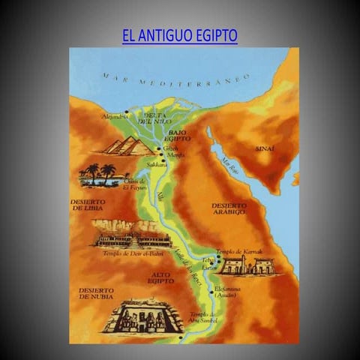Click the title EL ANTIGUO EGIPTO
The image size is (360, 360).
(x=179, y=36)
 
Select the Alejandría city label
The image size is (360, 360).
(x=115, y=117)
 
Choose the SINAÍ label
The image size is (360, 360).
(x=265, y=149)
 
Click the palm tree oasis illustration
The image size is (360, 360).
(x=99, y=175)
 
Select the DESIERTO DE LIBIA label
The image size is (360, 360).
(x=87, y=205)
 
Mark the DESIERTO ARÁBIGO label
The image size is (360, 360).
(x=228, y=208)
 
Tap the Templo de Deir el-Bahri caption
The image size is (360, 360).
(x=132, y=253)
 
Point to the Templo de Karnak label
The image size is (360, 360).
(x=238, y=251)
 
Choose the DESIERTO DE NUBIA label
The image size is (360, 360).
(x=95, y=293)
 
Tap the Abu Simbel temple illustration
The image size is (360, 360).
(x=142, y=317)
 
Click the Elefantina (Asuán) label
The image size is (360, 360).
(x=226, y=291)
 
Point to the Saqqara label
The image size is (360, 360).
(x=157, y=163)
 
